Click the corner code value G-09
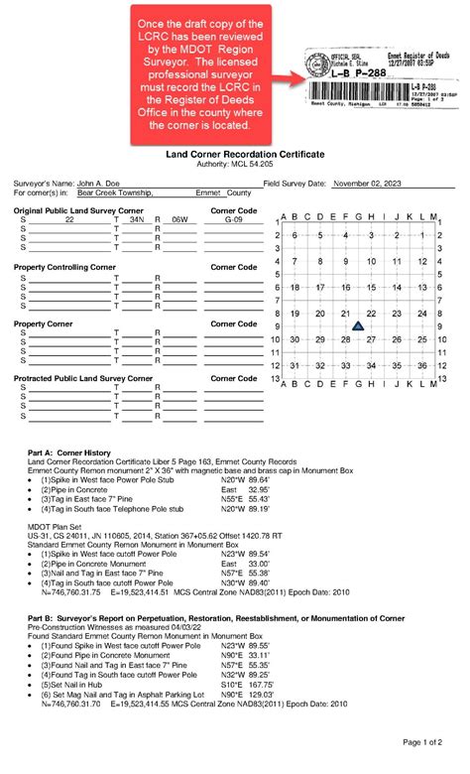tap(233, 220)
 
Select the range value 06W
tap(178, 220)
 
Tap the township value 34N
tap(136, 220)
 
